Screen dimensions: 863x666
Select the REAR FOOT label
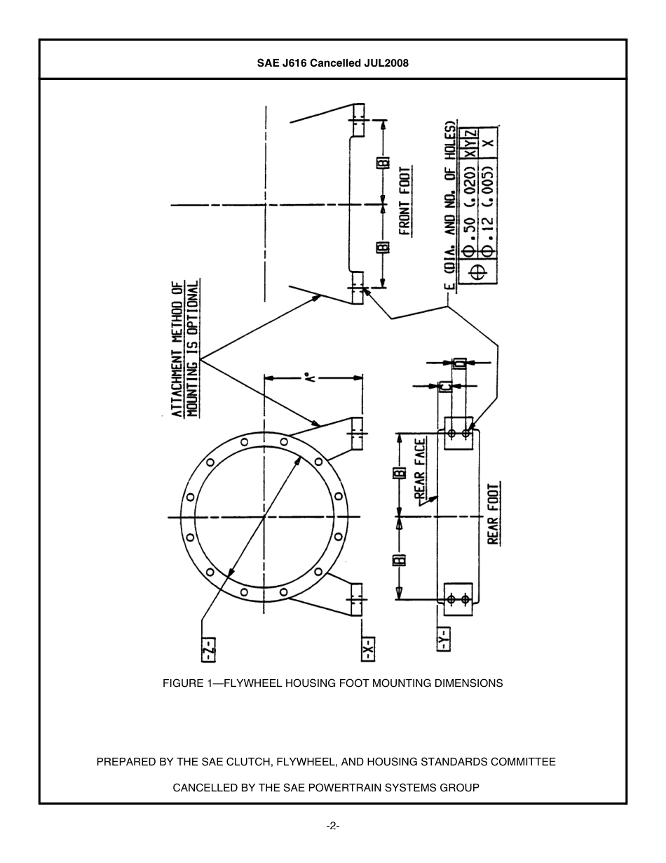tap(494, 514)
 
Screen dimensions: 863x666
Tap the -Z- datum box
tap(208, 648)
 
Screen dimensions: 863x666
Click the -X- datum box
tap(367, 648)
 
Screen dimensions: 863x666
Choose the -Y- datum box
tap(443, 639)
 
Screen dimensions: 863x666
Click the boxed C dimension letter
tap(444, 386)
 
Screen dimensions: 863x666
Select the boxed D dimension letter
tap(459, 363)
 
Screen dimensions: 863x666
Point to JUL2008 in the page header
tap(386, 63)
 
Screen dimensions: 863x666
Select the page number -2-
tap(333, 827)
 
